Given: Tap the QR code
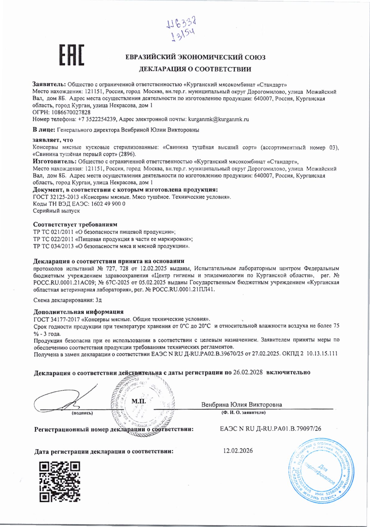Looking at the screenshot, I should pyautogui.click(x=60, y=482).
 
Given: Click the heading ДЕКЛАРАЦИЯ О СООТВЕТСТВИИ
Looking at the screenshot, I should pyautogui.click(x=195, y=69).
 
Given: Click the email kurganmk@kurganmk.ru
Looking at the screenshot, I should pyautogui.click(x=218, y=119).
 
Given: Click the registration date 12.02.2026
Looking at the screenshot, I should pyautogui.click(x=238, y=450).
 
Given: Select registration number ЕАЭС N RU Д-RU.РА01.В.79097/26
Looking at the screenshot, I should pyautogui.click(x=270, y=429).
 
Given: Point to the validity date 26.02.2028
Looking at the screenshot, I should pyautogui.click(x=248, y=372).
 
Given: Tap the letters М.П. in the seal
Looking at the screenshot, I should pyautogui.click(x=139, y=401).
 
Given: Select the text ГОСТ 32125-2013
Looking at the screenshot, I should pyautogui.click(x=56, y=197).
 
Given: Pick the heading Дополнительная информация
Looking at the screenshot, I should pyautogui.click(x=78, y=312).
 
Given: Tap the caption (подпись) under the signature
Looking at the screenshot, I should pyautogui.click(x=82, y=413).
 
